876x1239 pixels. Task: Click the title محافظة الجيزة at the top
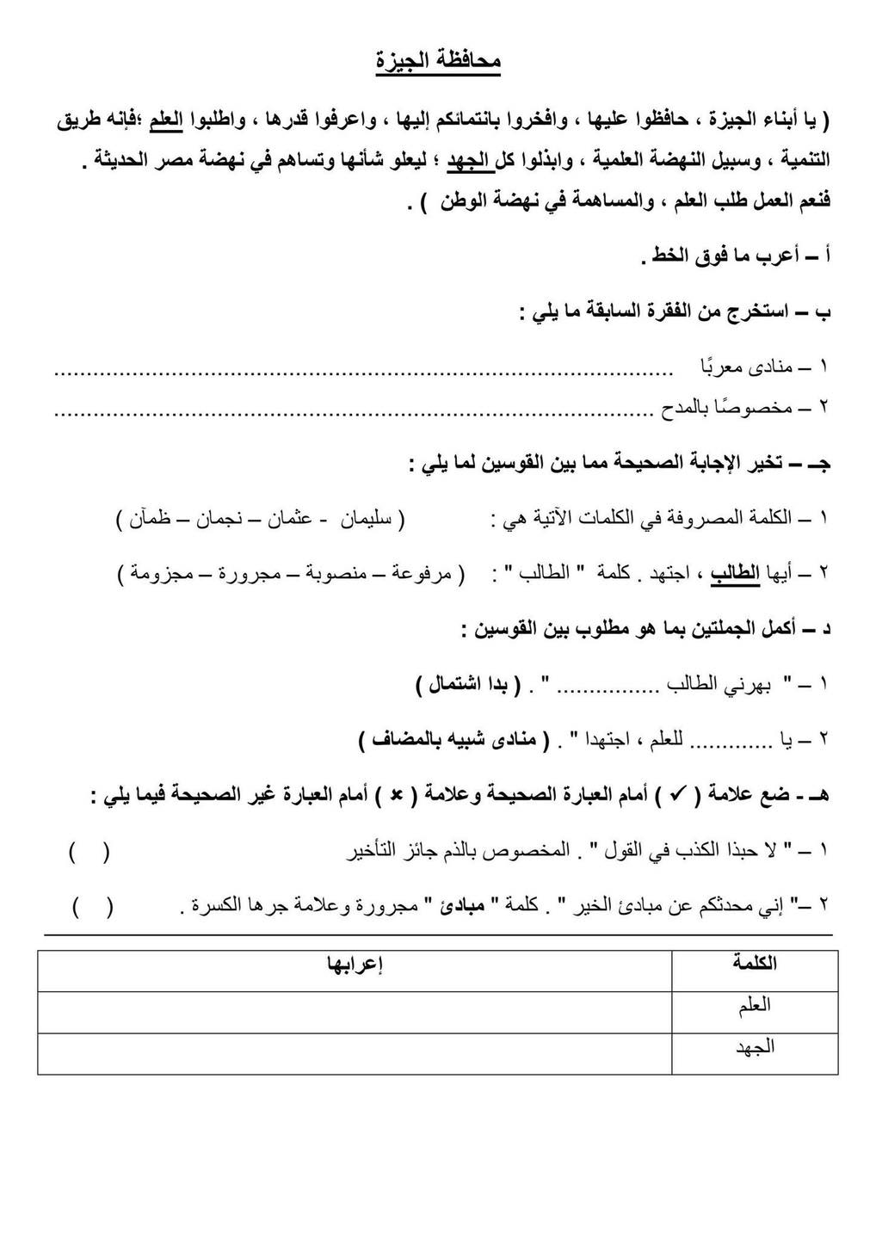pos(438,62)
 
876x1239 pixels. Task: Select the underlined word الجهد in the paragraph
pos(467,160)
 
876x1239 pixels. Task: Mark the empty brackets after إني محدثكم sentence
pos(92,906)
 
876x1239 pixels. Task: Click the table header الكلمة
pos(754,964)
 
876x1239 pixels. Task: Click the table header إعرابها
pos(354,964)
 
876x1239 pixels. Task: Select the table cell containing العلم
pos(754,1005)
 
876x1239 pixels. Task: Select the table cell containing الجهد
pos(754,1046)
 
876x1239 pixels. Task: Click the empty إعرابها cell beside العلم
pos(354,1005)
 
